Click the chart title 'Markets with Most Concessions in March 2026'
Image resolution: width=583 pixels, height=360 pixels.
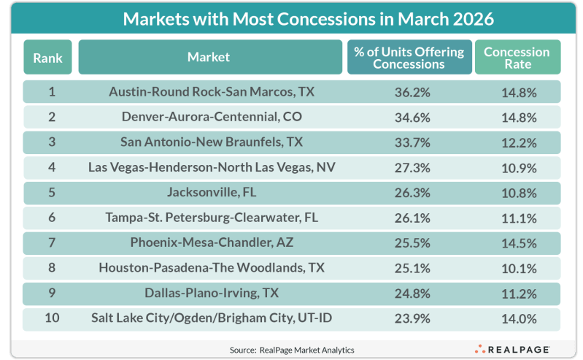pos(308,19)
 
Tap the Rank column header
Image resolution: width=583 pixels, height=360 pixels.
pos(47,58)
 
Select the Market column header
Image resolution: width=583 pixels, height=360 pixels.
pos(210,58)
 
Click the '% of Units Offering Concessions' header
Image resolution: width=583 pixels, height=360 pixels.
pos(409,58)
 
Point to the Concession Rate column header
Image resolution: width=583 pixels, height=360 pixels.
pos(517,58)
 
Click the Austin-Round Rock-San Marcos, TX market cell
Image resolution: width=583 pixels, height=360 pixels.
pos(212,91)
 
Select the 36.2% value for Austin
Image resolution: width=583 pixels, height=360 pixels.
pos(412,92)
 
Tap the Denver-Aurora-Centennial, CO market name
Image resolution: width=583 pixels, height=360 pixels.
pos(212,117)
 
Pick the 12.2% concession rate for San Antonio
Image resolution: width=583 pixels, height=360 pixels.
pos(519,142)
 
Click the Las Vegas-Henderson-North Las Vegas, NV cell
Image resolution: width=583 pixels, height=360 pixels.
pos(212,167)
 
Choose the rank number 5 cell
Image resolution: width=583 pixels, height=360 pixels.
pos(52,193)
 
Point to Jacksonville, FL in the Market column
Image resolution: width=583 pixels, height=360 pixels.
pos(212,193)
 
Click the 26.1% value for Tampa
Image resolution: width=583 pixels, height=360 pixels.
pos(412,218)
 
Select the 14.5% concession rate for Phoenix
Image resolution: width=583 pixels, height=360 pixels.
pos(519,243)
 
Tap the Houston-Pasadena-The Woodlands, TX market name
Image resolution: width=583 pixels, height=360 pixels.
pos(212,268)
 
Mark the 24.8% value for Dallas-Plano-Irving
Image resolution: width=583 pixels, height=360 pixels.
pos(412,294)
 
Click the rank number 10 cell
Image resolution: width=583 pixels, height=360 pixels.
pos(52,318)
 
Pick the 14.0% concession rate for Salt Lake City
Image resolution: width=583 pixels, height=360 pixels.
pos(519,318)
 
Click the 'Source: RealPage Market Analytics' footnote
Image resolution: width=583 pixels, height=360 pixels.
pos(292,350)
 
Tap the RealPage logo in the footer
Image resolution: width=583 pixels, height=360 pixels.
pos(512,350)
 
